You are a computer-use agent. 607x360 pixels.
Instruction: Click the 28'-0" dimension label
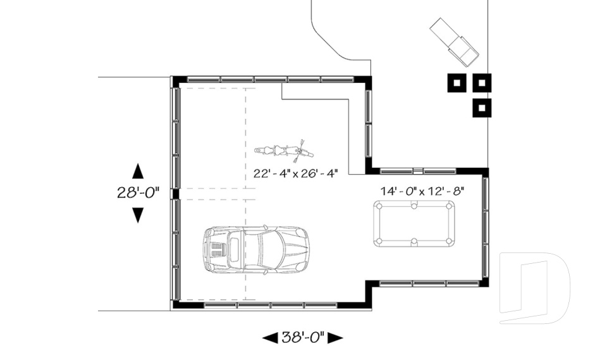pos(138,193)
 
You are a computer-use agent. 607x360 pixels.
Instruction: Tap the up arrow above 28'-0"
pos(137,171)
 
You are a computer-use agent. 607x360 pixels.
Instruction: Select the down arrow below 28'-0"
pos(137,215)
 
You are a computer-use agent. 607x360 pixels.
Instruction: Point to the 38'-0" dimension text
pos(303,337)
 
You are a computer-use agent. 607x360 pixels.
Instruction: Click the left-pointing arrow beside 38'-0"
pos(270,338)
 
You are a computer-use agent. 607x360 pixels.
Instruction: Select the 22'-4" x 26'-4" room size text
pos(295,173)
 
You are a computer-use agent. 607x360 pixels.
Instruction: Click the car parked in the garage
pos(255,249)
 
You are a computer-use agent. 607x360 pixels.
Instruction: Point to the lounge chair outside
pos(455,41)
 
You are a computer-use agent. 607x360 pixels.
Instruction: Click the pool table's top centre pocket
pos(414,205)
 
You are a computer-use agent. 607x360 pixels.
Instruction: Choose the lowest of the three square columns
pos(482,108)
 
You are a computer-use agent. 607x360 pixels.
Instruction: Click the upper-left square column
pos(457,83)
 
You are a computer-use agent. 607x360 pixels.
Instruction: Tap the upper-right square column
pos(482,83)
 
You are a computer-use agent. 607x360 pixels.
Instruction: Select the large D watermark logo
pos(534,288)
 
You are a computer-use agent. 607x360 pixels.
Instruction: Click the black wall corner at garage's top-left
pos(178,80)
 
